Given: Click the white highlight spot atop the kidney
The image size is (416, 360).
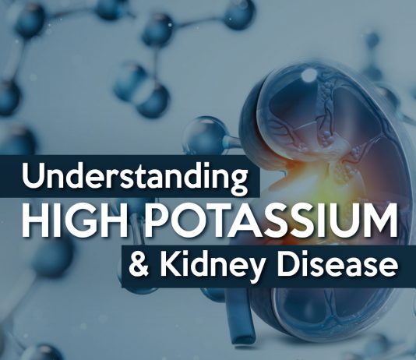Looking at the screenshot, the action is point(308,75).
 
